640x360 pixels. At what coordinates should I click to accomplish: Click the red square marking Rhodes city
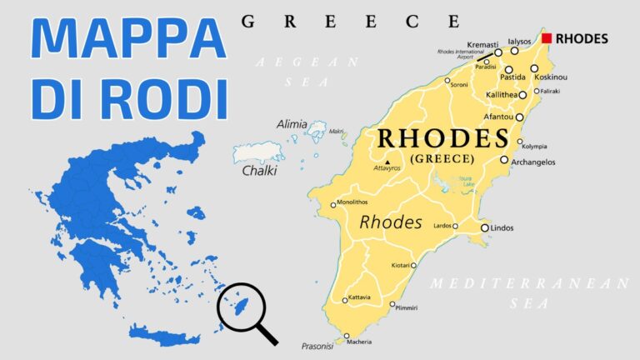547,38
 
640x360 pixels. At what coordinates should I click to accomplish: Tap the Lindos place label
502,227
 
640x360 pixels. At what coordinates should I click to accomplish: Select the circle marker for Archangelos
504,160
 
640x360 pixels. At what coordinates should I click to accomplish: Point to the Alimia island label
292,124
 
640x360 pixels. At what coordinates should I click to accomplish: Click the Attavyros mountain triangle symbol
387,162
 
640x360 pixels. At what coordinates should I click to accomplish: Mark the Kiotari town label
401,266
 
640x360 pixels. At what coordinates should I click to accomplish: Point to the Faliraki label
550,91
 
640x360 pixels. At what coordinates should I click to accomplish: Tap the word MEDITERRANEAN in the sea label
530,284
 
